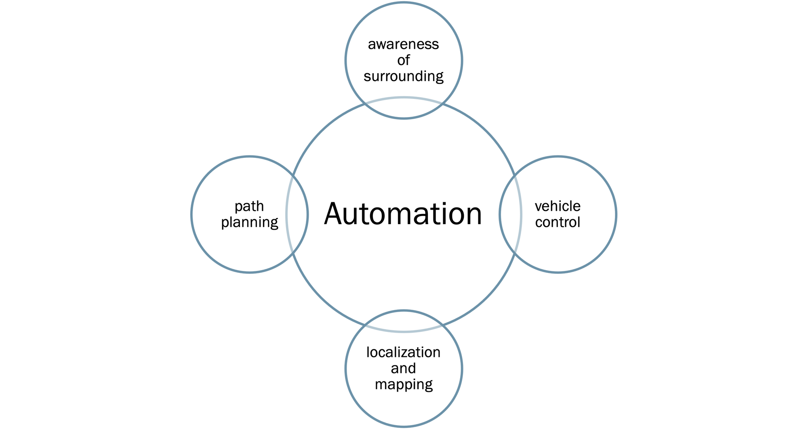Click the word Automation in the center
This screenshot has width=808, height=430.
[x=403, y=214]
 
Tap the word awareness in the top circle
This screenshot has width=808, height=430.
[x=403, y=44]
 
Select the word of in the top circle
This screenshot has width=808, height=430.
[x=403, y=61]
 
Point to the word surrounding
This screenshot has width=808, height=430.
[x=403, y=77]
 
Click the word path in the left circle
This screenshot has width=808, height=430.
[x=249, y=207]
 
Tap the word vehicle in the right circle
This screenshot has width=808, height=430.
[x=558, y=206]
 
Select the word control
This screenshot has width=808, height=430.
[x=558, y=222]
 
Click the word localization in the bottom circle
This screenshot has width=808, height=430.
[x=403, y=352]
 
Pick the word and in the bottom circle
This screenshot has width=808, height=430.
[x=403, y=369]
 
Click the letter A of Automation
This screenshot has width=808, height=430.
[x=336, y=214]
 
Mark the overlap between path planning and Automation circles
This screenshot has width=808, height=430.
[x=297, y=214]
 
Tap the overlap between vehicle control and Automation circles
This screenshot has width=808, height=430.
[x=510, y=214]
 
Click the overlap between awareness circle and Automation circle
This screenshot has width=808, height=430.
[x=404, y=108]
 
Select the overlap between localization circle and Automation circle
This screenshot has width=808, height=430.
[x=404, y=321]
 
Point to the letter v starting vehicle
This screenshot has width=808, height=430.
[x=538, y=207]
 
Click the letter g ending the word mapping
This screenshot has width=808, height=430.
[x=429, y=386]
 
